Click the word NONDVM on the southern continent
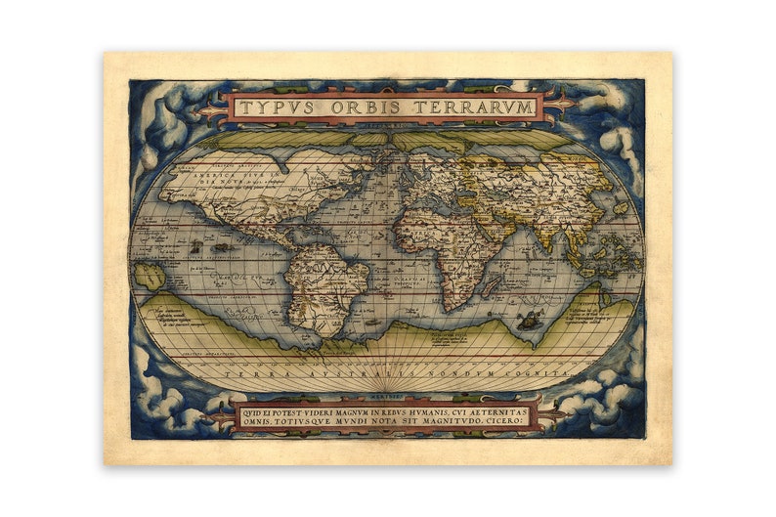click(x=465, y=373)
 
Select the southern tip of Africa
click(x=453, y=309)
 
